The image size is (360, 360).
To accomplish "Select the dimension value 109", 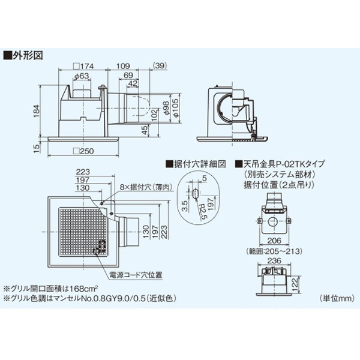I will coord(122,65).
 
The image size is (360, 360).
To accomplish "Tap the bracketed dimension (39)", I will coord(160,65).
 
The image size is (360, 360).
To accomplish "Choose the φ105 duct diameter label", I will coord(175,107).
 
